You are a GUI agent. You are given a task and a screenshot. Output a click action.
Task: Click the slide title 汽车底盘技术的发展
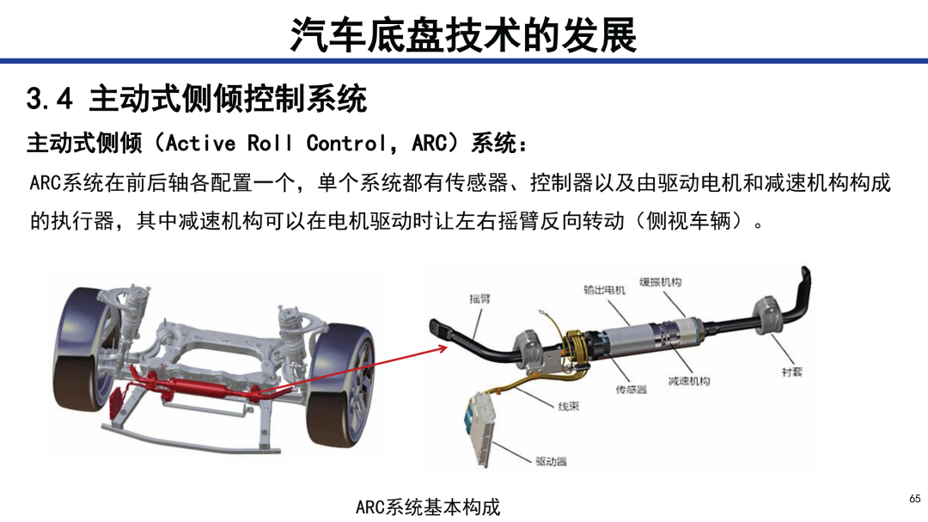coord(463,34)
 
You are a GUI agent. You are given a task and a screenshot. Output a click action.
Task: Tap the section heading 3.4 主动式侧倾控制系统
coord(197,98)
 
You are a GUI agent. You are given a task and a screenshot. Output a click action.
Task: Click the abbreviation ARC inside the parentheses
coord(430,143)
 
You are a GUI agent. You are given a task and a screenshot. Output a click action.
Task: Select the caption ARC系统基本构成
coord(427,507)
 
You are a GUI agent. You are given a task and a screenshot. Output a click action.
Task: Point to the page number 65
coord(915,498)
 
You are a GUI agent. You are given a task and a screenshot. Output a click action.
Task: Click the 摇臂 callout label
coord(480,298)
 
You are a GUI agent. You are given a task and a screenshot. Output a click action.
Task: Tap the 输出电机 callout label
coord(604,290)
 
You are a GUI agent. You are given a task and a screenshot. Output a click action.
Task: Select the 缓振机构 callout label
coord(661,282)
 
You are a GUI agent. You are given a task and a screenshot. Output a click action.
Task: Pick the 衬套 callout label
coord(792,372)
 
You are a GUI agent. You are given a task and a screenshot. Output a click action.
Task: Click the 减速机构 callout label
coord(689,380)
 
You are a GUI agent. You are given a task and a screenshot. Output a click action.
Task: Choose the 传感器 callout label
coord(631,390)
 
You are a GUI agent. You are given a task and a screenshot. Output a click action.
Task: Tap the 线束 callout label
coord(568,407)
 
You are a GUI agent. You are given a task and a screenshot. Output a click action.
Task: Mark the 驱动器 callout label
coord(551,461)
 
